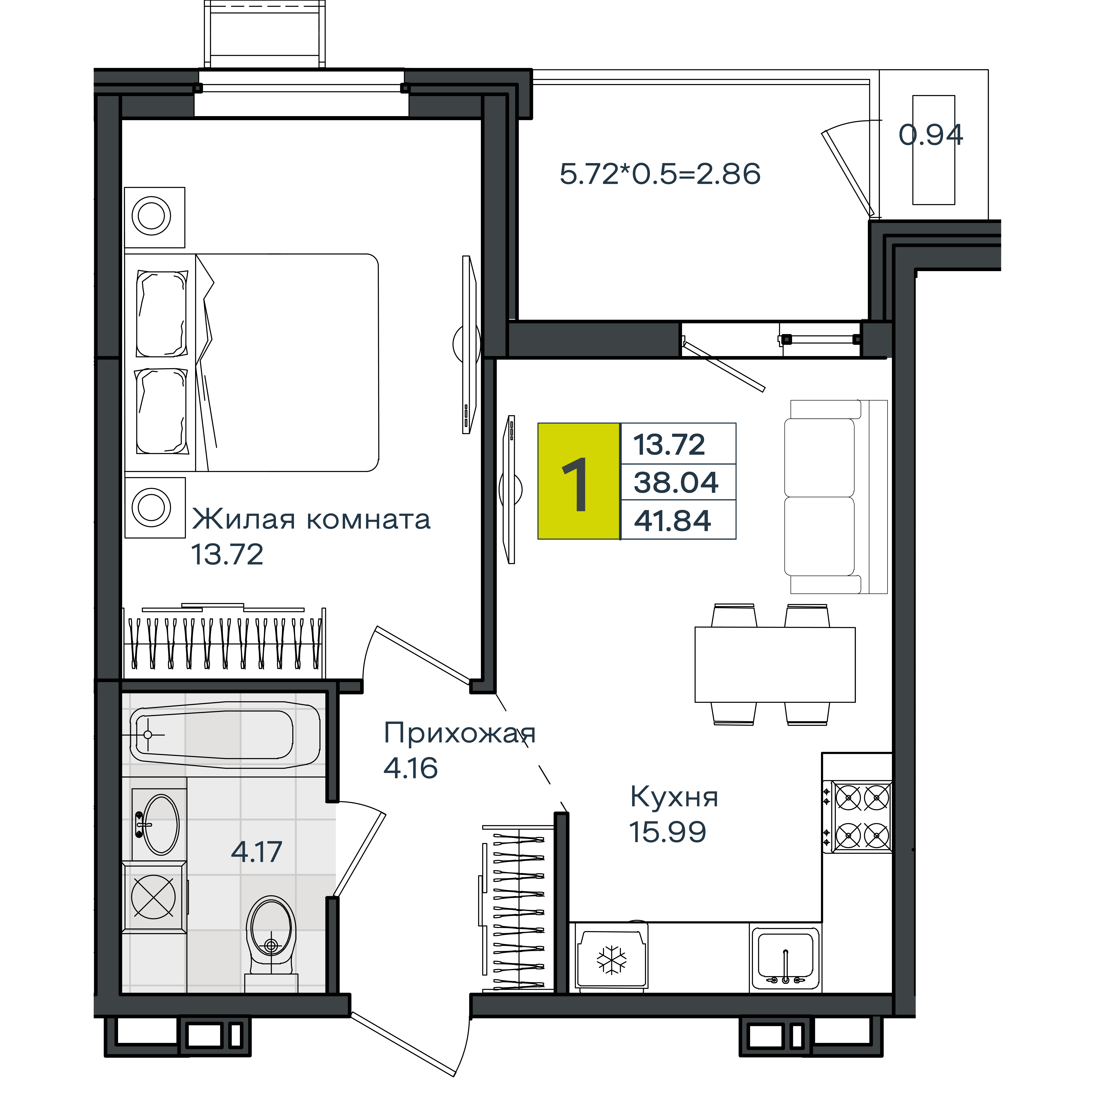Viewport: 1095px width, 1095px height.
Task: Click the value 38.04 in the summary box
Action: point(676,482)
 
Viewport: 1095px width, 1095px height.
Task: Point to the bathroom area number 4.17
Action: point(257,852)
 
